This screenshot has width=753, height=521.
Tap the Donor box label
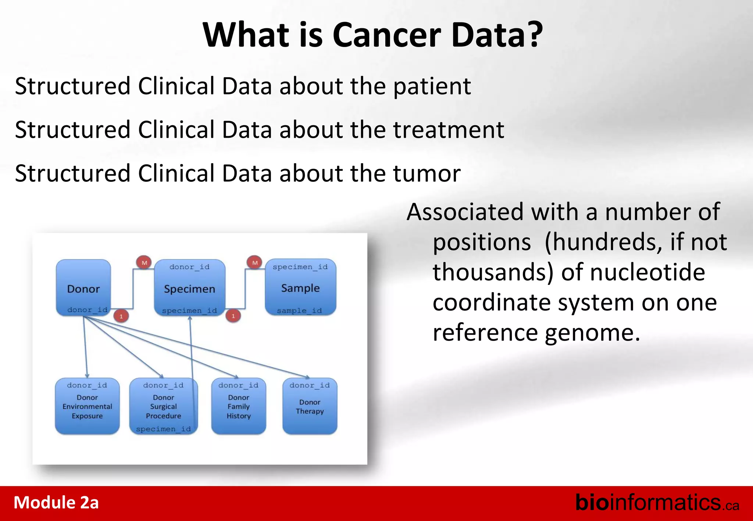[x=83, y=289]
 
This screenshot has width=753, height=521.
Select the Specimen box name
[x=189, y=289]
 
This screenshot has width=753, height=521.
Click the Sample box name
[x=300, y=288]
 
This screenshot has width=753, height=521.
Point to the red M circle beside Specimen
[x=144, y=263]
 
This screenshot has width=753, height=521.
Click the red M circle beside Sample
[x=255, y=263]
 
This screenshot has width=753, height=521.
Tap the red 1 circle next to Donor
[x=121, y=316]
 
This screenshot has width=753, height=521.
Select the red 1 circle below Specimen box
[x=233, y=316]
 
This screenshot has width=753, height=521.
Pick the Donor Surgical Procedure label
[x=163, y=407]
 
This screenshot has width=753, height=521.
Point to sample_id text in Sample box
[x=299, y=311]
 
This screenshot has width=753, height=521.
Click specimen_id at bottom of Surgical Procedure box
[x=163, y=429]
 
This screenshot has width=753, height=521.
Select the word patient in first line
[x=432, y=87]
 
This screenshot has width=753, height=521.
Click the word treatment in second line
[x=449, y=130]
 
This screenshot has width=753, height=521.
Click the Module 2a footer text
[x=56, y=503]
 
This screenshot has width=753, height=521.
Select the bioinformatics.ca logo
[x=657, y=503]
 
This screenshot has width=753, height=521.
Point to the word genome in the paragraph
[x=592, y=333]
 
